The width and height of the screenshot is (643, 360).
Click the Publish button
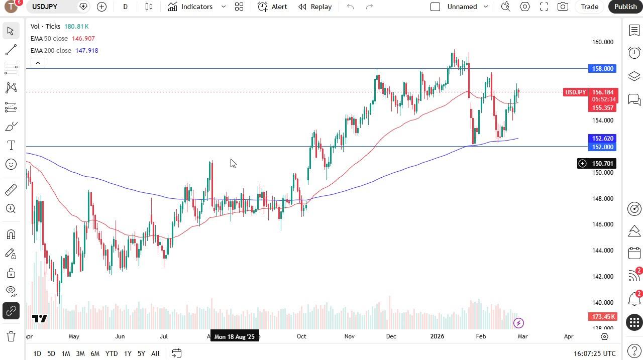pos(625,7)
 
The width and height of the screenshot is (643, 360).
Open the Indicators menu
pos(190,7)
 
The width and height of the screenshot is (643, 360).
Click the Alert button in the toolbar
pos(273,7)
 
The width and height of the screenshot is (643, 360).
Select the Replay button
pos(315,7)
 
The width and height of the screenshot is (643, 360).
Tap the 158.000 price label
pos(602,69)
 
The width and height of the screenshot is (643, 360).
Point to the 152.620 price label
pos(602,138)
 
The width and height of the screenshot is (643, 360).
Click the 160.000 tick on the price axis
pos(602,42)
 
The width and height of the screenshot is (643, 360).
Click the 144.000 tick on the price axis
pos(602,250)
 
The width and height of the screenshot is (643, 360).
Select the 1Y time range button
pos(128,353)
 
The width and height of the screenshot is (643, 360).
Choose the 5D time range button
pos(51,353)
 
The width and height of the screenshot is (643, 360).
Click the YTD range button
pos(111,353)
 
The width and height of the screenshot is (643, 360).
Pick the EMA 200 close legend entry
pos(51,50)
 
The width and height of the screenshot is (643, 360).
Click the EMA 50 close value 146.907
pos(84,38)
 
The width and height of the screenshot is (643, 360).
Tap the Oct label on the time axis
pos(301,336)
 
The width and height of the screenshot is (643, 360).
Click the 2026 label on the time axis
pos(437,336)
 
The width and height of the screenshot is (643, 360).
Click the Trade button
pos(589,7)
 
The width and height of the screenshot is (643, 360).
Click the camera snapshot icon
pos(563,7)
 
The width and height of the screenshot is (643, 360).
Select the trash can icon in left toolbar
pos(11,336)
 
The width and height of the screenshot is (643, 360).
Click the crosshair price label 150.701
pos(602,163)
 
